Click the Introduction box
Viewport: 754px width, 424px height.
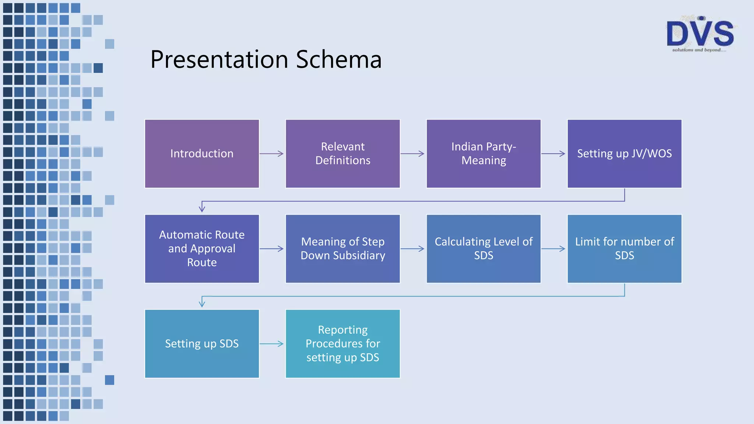pyautogui.click(x=202, y=153)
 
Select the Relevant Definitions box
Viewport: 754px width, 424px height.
pyautogui.click(x=343, y=153)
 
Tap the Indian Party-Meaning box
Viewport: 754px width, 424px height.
pyautogui.click(x=483, y=153)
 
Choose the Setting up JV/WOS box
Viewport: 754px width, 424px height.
pyautogui.click(x=624, y=153)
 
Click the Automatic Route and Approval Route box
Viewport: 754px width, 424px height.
pyautogui.click(x=202, y=248)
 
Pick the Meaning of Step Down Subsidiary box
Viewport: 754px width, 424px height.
pyautogui.click(x=343, y=248)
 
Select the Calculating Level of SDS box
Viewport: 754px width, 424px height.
pyautogui.click(x=483, y=248)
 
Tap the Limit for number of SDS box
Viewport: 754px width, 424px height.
pyautogui.click(x=624, y=248)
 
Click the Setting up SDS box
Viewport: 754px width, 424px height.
pyautogui.click(x=202, y=343)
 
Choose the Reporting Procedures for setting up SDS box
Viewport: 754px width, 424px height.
pyautogui.click(x=343, y=343)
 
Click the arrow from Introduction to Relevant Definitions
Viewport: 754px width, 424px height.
pyautogui.click(x=272, y=153)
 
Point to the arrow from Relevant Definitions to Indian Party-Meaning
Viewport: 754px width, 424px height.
pyautogui.click(x=413, y=153)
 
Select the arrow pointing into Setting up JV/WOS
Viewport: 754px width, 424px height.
pyautogui.click(x=553, y=153)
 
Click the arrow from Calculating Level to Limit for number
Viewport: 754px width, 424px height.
pyautogui.click(x=553, y=249)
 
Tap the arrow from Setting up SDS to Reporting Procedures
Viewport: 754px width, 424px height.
pyautogui.click(x=272, y=344)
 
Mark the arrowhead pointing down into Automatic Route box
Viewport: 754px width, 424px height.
pyautogui.click(x=202, y=209)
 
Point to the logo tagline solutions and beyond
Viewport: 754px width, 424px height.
pyautogui.click(x=699, y=50)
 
